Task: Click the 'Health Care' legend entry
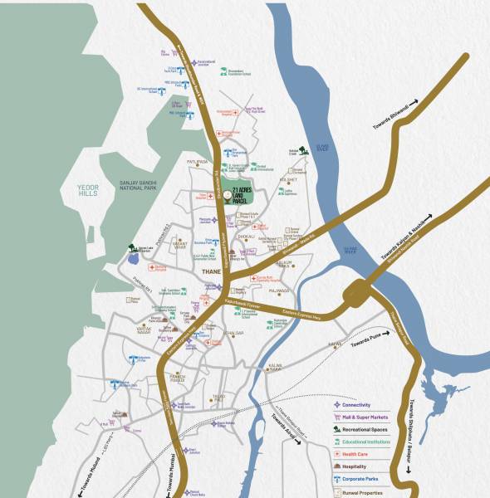355,454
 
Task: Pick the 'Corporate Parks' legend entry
360,479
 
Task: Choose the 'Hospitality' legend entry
355,466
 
